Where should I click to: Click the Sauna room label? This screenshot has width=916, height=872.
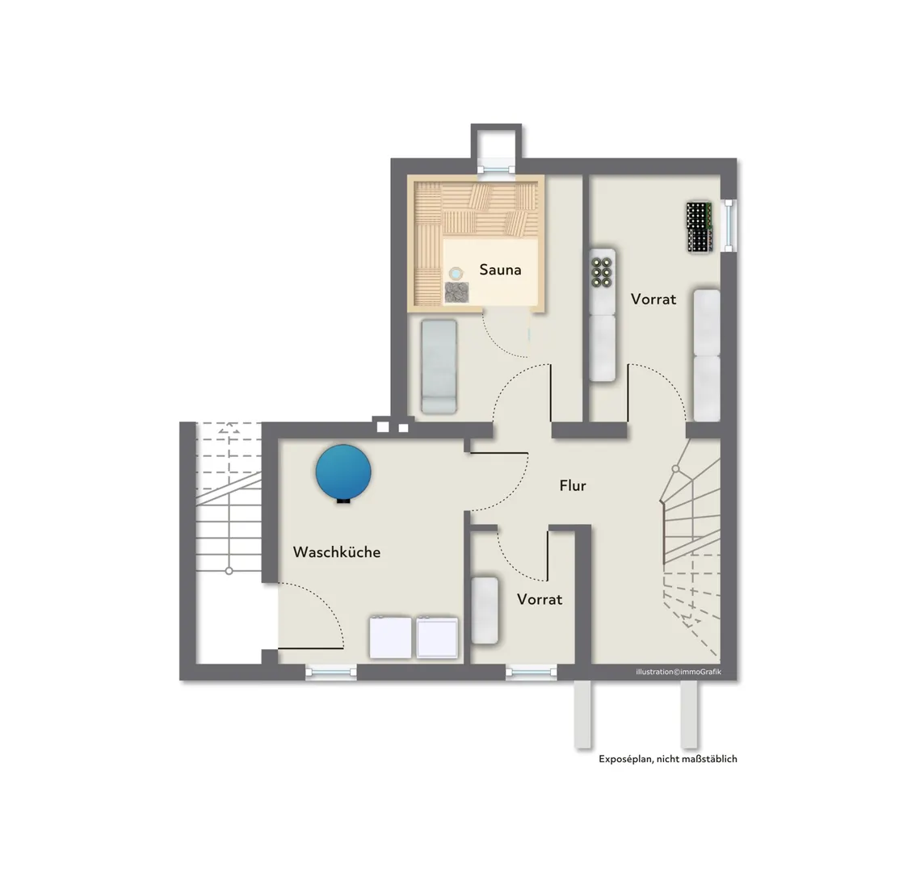[500, 269]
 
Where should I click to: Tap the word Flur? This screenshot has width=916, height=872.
[573, 485]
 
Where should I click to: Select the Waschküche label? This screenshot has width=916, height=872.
[337, 552]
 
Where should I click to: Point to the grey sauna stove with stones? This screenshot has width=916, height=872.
[456, 292]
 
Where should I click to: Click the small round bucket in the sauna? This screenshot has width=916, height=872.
[456, 273]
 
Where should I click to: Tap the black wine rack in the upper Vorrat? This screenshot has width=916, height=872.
[700, 227]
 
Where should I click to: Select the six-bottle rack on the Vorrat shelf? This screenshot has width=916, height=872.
[602, 271]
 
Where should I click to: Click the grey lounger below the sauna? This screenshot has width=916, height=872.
[439, 367]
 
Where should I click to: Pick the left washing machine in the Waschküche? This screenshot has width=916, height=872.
[391, 636]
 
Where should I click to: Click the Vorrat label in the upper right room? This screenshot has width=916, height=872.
[653, 299]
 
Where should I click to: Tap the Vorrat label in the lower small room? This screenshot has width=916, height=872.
[540, 599]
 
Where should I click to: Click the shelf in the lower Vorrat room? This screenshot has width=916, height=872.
[485, 610]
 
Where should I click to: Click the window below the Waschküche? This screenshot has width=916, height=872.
[331, 673]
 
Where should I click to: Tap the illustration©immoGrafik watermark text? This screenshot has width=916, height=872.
[679, 672]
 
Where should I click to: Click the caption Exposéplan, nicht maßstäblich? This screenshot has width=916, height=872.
[668, 759]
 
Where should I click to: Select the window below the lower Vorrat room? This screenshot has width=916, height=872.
[531, 673]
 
